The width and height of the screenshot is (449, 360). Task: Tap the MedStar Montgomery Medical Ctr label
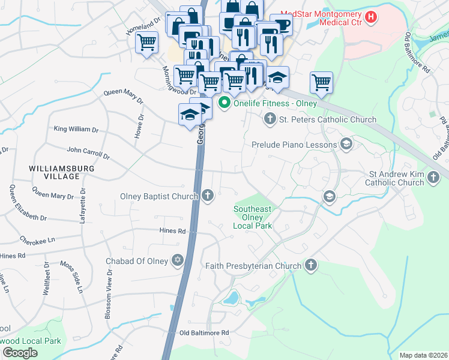click(x=325, y=17)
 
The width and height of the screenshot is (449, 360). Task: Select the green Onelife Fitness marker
click(x=225, y=103)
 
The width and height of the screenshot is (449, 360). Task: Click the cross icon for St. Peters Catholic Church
click(x=270, y=120)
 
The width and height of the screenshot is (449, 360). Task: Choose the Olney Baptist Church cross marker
click(x=208, y=196)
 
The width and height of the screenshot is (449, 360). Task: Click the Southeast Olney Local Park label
click(x=253, y=217)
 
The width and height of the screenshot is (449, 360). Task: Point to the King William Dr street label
click(x=76, y=129)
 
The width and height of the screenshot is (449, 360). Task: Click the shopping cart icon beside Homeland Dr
click(x=146, y=43)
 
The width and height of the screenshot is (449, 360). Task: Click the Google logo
click(x=20, y=353)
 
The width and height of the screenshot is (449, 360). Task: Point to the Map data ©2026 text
click(x=423, y=355)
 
